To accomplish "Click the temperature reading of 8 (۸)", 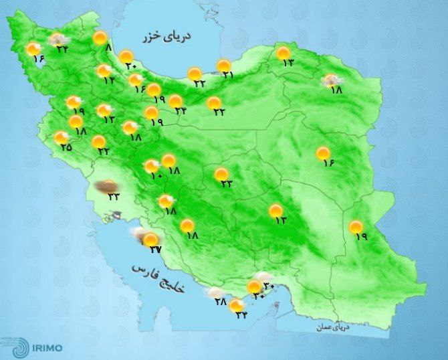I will [110, 48].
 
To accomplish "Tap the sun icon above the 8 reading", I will [100, 38].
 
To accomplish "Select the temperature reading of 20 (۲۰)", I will [130, 66].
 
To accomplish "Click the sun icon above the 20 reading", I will [127, 56].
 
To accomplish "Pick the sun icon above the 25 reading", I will [62, 137].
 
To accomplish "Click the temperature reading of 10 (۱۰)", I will [156, 175].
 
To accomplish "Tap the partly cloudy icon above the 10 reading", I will [152, 165].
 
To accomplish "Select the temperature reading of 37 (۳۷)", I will [155, 250].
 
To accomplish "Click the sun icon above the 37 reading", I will [152, 239].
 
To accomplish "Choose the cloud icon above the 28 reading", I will [215, 292].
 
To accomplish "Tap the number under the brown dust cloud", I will [112, 197].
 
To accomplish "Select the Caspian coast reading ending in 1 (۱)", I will [227, 75].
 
